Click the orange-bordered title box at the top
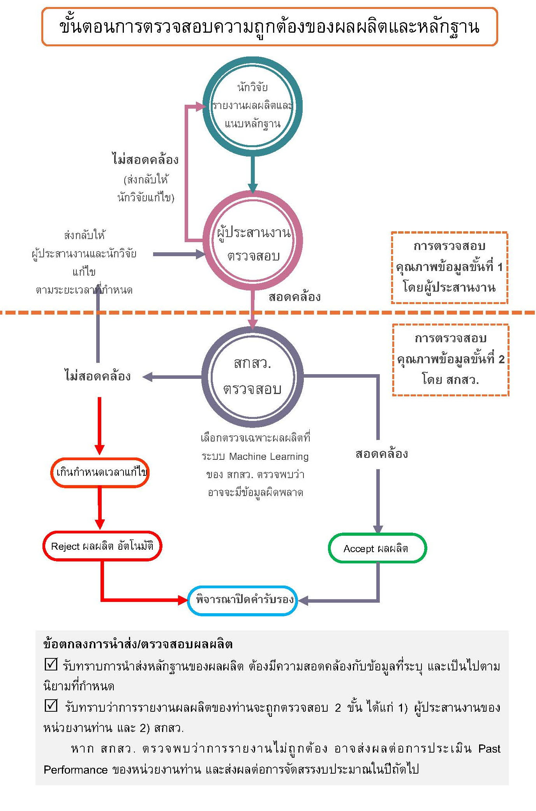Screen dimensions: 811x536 [x=269, y=26]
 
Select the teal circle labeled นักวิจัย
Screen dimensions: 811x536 [x=252, y=106]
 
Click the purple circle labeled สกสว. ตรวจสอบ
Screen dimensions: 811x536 [x=252, y=376]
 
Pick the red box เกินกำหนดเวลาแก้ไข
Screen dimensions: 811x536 [x=100, y=472]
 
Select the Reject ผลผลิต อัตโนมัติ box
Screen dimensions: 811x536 [x=102, y=546]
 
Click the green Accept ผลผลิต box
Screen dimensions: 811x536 [x=377, y=548]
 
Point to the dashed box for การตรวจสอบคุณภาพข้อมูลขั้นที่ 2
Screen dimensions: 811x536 [x=450, y=359]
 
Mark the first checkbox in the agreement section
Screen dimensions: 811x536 [x=51, y=664]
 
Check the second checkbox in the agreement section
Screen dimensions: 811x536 [x=51, y=705]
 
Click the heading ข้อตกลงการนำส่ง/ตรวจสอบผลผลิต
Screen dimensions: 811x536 [x=138, y=644]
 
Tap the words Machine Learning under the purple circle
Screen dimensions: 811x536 [x=269, y=456]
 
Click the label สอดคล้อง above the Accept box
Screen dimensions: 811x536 [x=381, y=454]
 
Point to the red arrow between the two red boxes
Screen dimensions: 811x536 [x=100, y=508]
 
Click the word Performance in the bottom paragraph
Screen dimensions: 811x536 [x=76, y=770]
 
